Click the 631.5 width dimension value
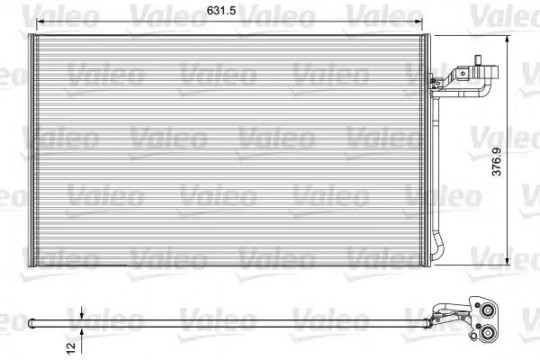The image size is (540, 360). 221,11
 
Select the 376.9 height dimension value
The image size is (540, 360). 496,162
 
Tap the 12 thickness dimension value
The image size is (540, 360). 71,347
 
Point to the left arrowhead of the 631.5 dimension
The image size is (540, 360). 41,22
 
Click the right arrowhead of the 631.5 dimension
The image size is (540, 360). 418,22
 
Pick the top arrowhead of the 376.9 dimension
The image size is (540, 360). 507,40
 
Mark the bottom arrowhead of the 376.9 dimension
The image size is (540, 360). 507,261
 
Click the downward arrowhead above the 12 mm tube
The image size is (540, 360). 82,316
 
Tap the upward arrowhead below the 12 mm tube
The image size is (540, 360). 82,332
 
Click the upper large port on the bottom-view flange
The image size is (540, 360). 488,310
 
